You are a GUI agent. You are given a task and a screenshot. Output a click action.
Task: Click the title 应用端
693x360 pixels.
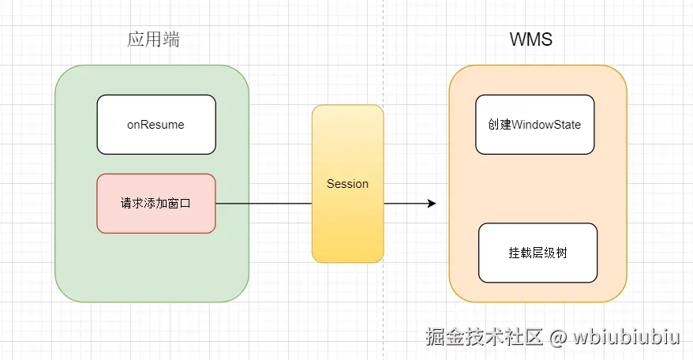(153, 39)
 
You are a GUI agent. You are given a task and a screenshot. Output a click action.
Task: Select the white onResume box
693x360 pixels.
(155, 125)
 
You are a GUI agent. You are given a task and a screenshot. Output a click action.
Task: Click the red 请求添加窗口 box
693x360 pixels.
(155, 204)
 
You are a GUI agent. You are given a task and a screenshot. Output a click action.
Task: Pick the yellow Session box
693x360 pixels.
(347, 184)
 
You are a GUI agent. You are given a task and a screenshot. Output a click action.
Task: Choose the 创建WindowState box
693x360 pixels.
(534, 125)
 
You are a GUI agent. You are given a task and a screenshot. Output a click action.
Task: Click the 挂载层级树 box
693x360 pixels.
(538, 253)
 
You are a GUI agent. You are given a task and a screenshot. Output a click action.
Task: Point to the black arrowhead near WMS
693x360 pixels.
(431, 204)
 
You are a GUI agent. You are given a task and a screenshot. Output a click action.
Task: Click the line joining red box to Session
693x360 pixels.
(264, 204)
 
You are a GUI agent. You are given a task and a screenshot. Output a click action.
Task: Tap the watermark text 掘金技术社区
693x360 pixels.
(484, 338)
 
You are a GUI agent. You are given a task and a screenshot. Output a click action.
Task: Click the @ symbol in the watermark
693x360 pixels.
(558, 338)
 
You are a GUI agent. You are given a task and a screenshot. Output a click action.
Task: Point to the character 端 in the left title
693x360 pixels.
(170, 39)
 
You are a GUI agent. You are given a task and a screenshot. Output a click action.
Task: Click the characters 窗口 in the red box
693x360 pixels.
(179, 204)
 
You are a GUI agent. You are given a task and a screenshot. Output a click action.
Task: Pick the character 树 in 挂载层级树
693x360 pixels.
(560, 253)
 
